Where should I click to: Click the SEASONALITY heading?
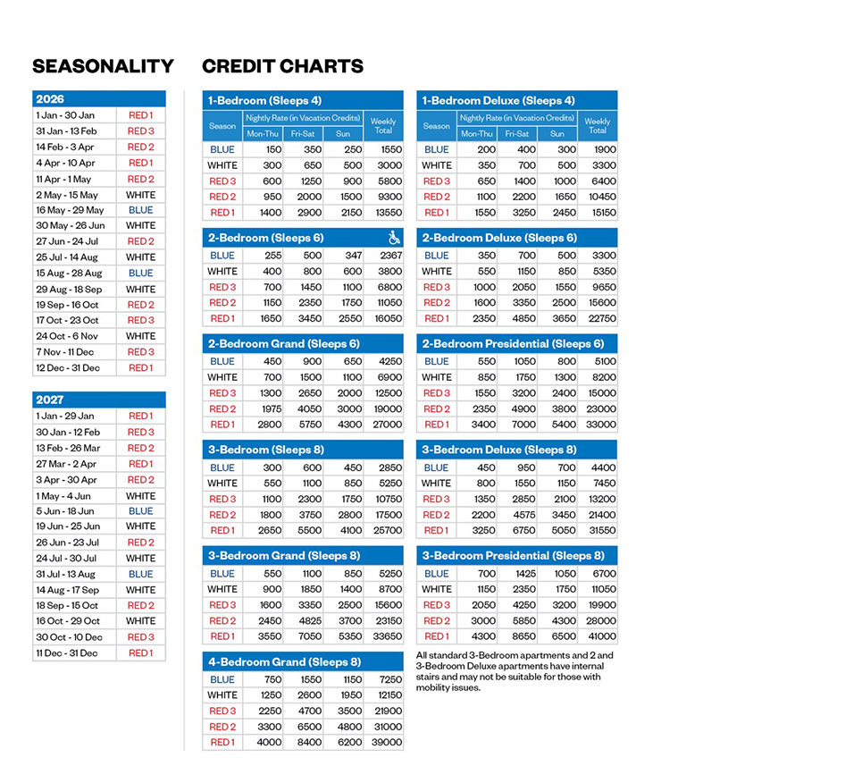click(x=103, y=66)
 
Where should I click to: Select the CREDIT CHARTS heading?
click(x=282, y=66)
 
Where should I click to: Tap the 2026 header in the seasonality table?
click(x=50, y=99)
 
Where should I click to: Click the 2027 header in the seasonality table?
click(x=50, y=400)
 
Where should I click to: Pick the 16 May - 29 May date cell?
click(x=70, y=210)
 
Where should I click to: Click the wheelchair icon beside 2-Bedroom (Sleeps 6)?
click(x=395, y=238)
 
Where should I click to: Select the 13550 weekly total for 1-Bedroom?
click(x=385, y=213)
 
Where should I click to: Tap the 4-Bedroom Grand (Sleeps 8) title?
click(x=284, y=661)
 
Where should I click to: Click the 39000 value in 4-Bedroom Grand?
click(x=385, y=742)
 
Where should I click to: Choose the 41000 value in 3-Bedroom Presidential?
click(x=598, y=636)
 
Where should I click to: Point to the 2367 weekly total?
click(x=385, y=256)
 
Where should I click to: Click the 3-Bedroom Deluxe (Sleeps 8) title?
click(x=499, y=450)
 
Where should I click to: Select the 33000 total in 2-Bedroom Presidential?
click(x=598, y=425)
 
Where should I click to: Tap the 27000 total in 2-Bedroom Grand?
click(x=385, y=425)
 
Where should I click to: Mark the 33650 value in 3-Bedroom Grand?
click(x=385, y=636)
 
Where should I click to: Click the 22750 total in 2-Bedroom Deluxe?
click(x=598, y=318)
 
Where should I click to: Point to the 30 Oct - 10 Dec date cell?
click(x=69, y=637)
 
